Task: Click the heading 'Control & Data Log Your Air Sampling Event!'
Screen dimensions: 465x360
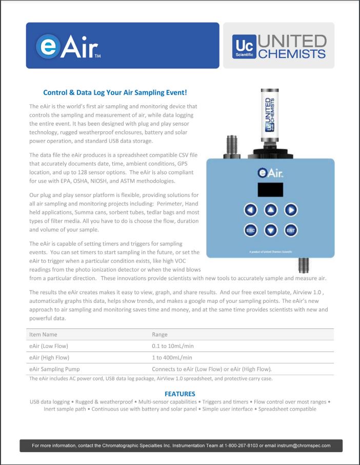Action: (x=115, y=93)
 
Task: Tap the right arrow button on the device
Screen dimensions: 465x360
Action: (x=291, y=209)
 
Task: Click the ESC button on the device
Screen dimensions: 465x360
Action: (x=250, y=230)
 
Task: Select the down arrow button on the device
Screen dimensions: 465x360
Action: (x=271, y=230)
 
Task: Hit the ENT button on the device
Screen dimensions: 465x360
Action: (x=291, y=230)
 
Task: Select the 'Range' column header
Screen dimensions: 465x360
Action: (x=161, y=334)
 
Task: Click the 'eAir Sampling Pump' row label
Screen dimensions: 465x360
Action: (x=54, y=369)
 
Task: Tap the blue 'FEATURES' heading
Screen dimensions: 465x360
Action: (x=179, y=394)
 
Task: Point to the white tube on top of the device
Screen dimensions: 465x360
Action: (x=270, y=115)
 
